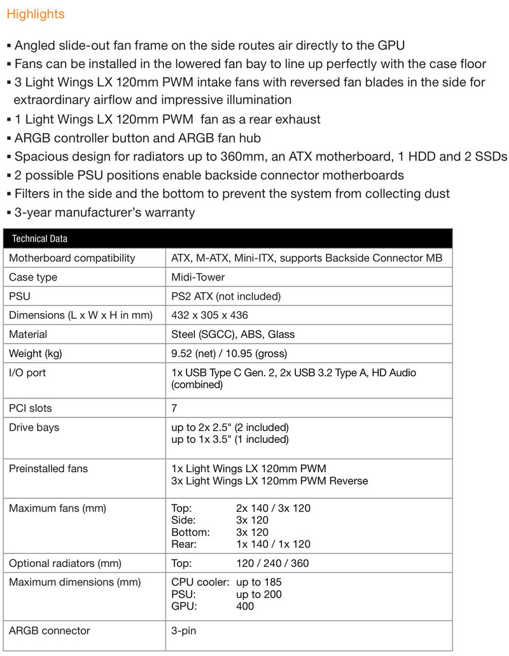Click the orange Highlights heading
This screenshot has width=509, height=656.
click(36, 13)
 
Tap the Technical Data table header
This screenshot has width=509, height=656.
click(39, 239)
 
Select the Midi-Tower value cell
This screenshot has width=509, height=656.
click(198, 277)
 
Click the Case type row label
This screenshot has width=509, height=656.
click(33, 277)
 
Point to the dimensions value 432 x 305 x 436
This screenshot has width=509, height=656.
click(210, 315)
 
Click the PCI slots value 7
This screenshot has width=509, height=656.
click(174, 408)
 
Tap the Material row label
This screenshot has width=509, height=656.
click(28, 334)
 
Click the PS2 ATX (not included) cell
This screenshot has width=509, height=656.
click(226, 296)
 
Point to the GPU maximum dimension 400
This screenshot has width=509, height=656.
click(245, 606)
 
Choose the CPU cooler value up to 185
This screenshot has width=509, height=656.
click(258, 582)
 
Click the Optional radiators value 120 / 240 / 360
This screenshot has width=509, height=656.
click(273, 563)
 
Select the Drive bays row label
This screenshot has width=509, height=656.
click(34, 427)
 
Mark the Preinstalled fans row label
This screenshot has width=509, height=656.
click(48, 468)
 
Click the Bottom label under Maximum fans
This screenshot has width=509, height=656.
click(190, 532)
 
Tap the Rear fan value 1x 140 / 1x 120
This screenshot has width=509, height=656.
click(273, 544)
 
